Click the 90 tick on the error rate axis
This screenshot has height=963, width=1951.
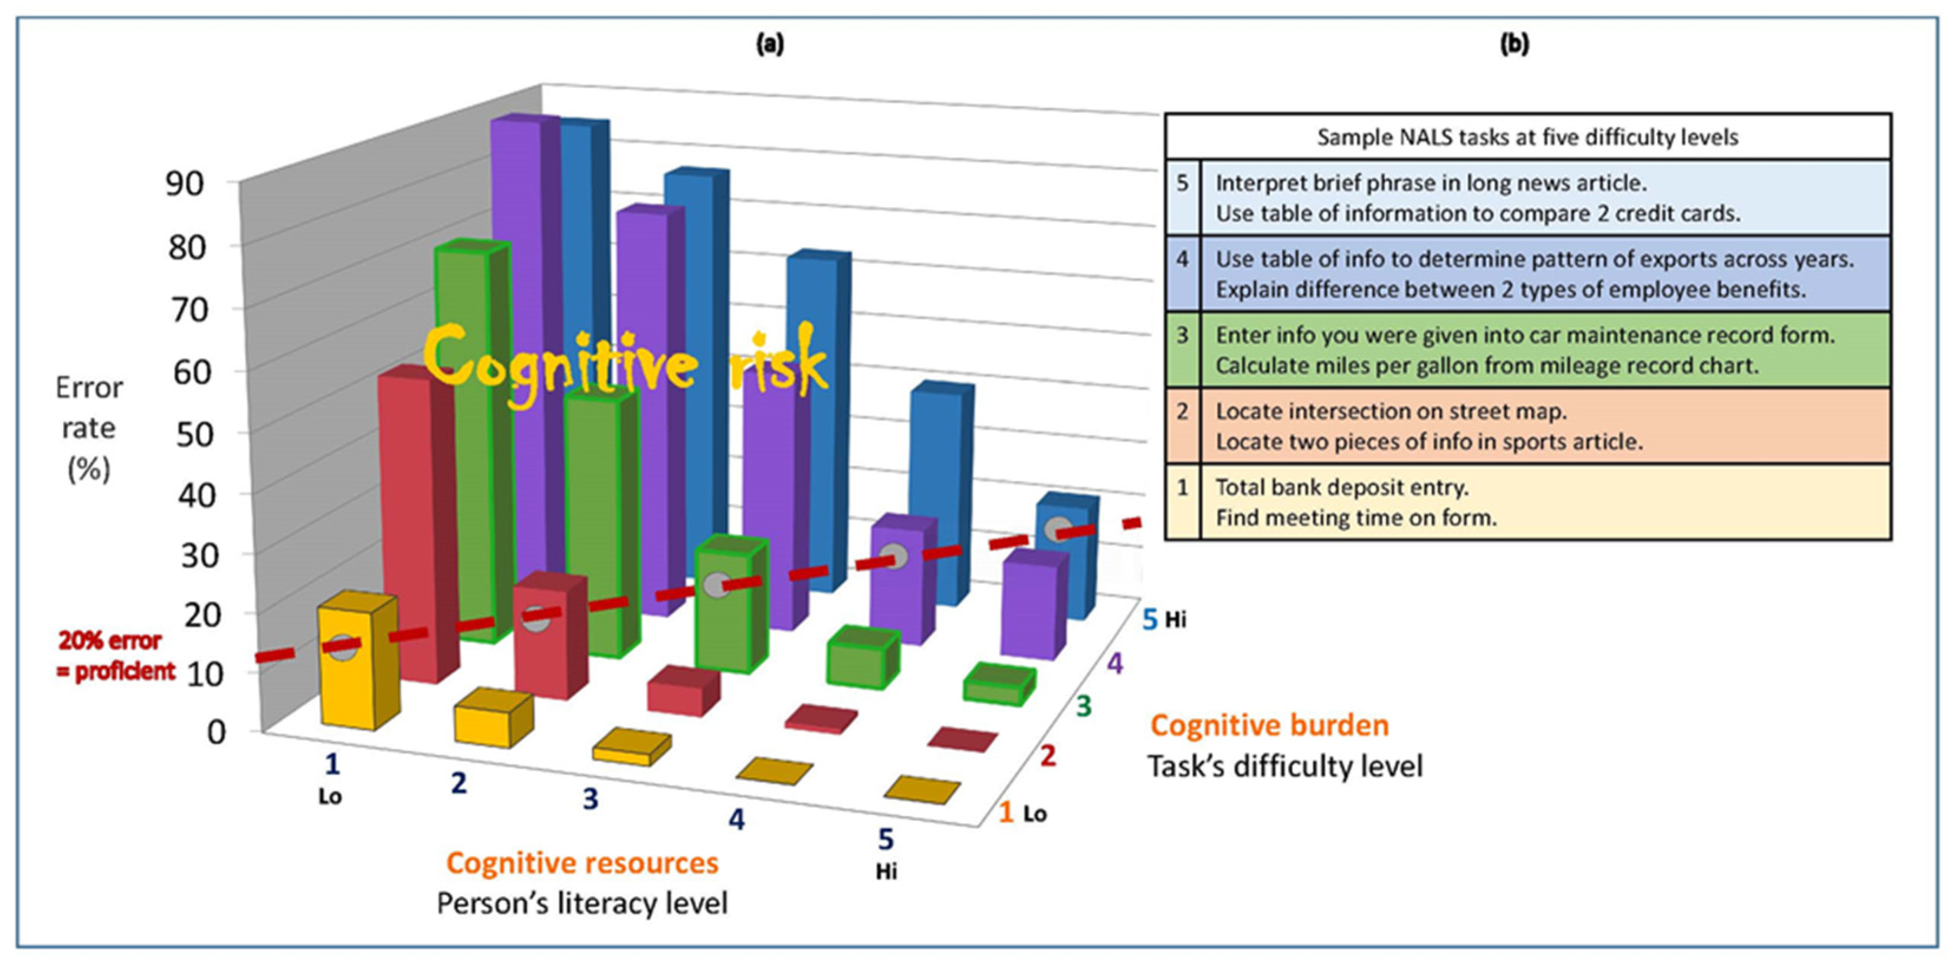pos(185,184)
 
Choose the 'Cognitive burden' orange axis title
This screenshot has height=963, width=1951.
pos(1270,725)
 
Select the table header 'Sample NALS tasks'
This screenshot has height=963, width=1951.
pos(1527,137)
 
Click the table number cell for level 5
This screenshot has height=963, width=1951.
pos(1182,184)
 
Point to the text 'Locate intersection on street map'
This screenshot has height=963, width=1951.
pos(1391,412)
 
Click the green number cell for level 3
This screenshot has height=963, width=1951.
pos(1182,336)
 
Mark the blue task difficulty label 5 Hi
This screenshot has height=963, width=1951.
pos(1163,619)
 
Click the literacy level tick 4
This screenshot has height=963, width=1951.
pos(736,819)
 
